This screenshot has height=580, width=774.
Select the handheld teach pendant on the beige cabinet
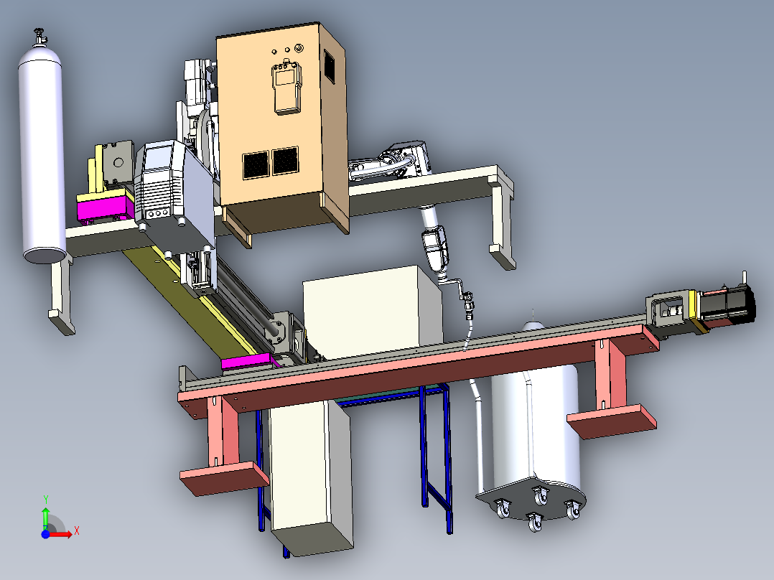(x=286, y=87)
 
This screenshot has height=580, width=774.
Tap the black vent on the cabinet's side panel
(x=330, y=65)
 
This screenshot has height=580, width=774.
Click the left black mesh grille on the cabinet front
(x=256, y=165)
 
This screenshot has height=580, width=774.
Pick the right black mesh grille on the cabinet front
(x=285, y=160)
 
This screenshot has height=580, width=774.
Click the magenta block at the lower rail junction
(x=247, y=362)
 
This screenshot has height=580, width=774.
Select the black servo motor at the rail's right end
(x=728, y=306)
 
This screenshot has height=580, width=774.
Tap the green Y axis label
(x=46, y=499)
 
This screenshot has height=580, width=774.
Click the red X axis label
(x=77, y=531)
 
